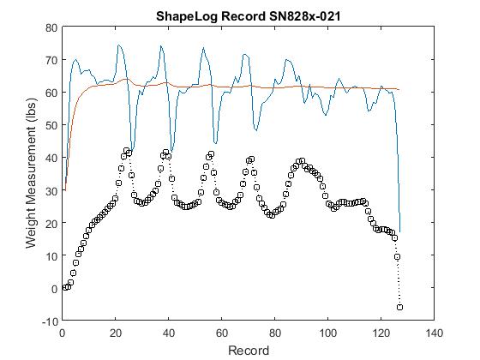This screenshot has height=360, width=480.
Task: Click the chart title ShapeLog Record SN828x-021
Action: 248,16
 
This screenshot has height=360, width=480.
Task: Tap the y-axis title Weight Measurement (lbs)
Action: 31,173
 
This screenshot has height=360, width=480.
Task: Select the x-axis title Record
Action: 249,351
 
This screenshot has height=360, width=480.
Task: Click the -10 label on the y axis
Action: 50,321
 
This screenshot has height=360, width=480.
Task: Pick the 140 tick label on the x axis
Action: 434,333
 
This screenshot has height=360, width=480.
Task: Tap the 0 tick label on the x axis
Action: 62,333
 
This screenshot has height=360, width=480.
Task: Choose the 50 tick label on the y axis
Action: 51,125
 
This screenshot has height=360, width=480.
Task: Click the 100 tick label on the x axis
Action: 327,333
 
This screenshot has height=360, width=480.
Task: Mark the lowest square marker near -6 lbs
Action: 399,307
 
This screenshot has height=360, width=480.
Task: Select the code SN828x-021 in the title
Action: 304,16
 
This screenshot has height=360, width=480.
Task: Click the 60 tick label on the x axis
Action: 222,333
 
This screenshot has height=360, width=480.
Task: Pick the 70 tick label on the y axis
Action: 51,60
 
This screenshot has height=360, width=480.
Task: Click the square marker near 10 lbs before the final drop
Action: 397,256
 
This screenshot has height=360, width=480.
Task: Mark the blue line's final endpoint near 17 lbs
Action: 399,231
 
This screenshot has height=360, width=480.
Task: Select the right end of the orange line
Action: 399,90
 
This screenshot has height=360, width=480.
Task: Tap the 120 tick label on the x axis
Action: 381,333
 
